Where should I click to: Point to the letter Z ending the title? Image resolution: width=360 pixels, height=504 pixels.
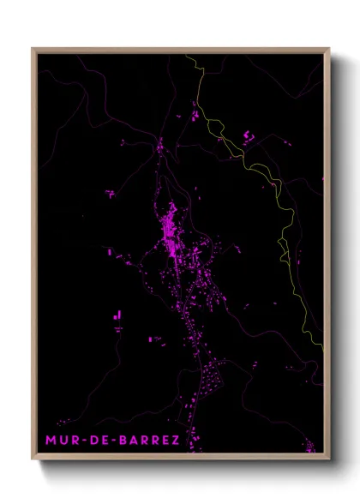click(175, 441)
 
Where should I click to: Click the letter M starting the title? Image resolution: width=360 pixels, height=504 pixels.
click(51, 441)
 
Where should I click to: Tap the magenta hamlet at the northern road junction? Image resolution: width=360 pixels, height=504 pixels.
click(159, 148)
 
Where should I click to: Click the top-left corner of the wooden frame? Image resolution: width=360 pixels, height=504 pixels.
click(33, 49)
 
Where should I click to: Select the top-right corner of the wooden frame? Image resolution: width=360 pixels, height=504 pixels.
click(328, 49)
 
